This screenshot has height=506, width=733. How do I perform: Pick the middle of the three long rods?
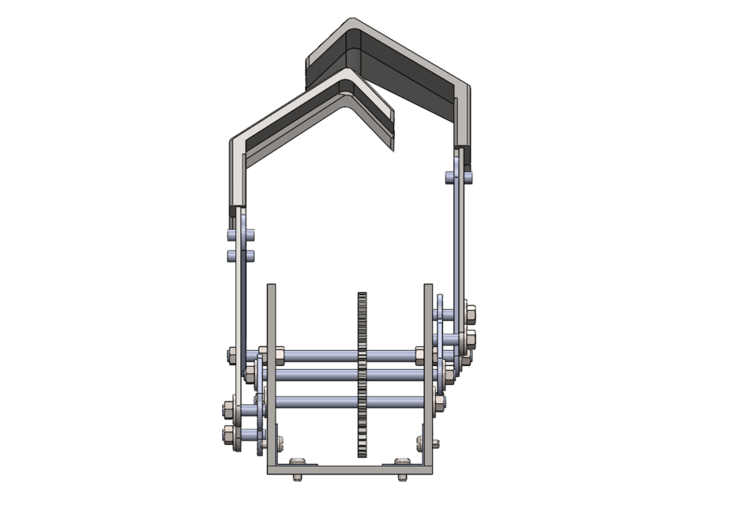point(316,373)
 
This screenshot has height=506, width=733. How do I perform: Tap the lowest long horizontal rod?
point(316,402)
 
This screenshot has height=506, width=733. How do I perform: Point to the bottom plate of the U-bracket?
point(351,470)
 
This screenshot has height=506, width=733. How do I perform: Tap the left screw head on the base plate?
point(298,461)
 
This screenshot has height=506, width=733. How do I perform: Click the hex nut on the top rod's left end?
point(232,355)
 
